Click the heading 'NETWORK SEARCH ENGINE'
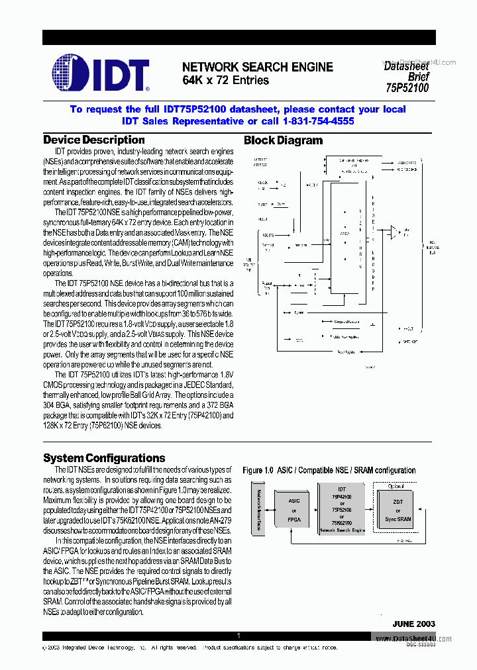(258, 68)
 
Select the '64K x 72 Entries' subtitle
(225, 81)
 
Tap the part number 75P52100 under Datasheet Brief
(407, 87)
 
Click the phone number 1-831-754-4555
(318, 121)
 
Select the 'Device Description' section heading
(93, 140)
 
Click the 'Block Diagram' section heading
(283, 140)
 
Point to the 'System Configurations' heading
(104, 458)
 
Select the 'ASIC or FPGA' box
(294, 510)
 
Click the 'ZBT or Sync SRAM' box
(398, 511)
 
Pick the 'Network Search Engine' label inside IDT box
(342, 531)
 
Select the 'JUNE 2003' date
(413, 624)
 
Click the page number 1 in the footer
(238, 636)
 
